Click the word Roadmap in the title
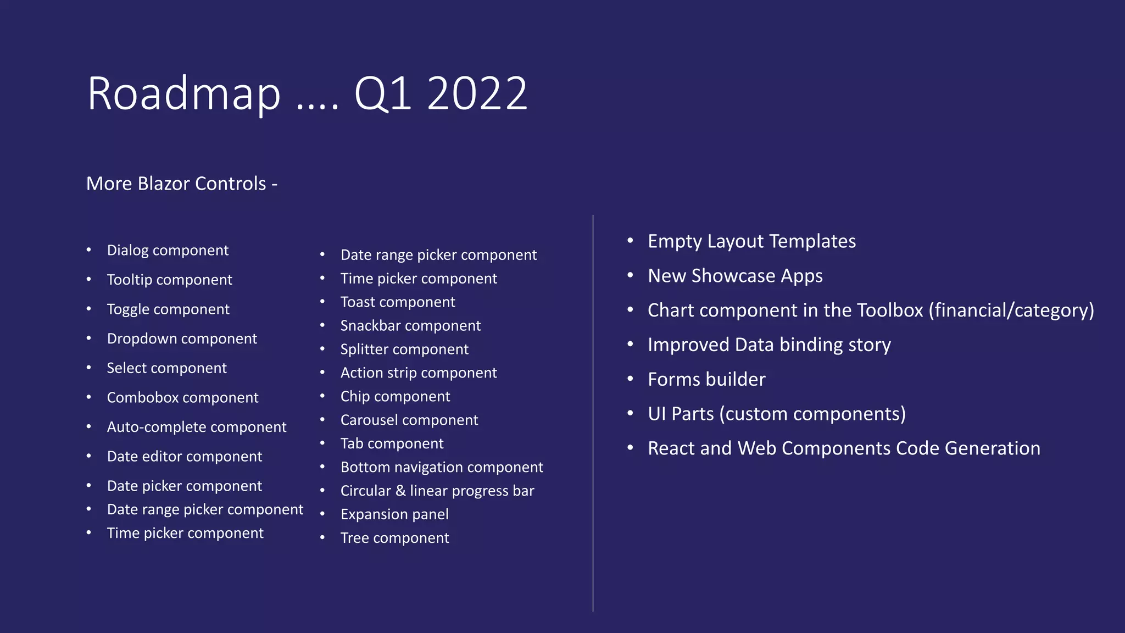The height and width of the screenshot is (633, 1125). [183, 93]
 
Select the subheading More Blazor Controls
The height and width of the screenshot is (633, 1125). [181, 184]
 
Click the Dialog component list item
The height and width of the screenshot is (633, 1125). [168, 251]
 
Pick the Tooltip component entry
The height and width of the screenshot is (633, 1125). [169, 280]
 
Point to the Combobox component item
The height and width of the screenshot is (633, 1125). [182, 398]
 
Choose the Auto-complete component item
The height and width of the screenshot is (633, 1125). [197, 427]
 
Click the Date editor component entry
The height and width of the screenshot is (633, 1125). [185, 457]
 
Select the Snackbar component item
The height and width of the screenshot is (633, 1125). [410, 326]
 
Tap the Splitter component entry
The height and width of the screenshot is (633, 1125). [404, 349]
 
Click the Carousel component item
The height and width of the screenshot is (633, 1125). [409, 420]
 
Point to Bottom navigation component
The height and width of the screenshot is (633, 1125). [442, 468]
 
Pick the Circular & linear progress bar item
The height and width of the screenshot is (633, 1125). [437, 491]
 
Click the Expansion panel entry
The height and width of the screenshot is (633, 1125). [394, 515]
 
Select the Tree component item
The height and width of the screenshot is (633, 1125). [394, 538]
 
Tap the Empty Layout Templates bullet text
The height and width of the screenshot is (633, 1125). [751, 241]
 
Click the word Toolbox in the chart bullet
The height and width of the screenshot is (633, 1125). [890, 310]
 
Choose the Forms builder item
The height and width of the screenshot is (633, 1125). [706, 380]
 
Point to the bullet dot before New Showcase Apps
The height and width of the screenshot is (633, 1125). [631, 275]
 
